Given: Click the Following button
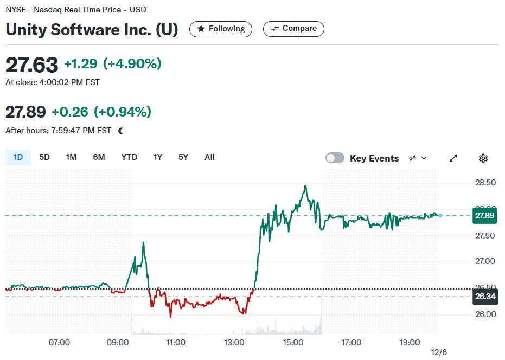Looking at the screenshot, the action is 221,29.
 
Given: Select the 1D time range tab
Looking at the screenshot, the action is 18,157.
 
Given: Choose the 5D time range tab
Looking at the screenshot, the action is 44,157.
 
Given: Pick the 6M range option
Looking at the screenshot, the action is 99,157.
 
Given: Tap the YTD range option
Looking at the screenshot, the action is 129,157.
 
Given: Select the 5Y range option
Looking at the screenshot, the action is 183,157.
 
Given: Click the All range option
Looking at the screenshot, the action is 209,157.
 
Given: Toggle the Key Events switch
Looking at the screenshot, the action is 335,158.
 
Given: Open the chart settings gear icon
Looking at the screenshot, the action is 483,158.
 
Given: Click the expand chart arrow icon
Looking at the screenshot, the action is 453,158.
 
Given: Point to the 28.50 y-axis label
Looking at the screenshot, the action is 485,183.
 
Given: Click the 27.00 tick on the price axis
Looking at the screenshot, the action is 485,261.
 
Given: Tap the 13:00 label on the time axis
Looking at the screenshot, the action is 234,343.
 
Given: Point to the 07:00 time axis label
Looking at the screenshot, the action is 59,343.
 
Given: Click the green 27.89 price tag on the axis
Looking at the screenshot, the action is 484,215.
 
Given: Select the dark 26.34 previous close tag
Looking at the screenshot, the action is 485,296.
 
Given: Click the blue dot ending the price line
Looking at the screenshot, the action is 440,215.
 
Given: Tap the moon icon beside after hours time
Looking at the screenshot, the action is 121,131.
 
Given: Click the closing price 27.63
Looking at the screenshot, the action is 31,65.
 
